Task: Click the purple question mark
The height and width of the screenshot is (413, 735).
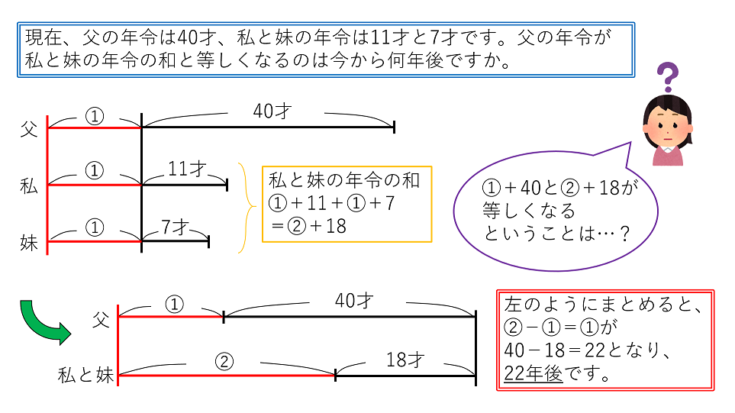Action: [668, 77]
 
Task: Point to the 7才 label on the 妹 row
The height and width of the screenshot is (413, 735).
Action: [176, 226]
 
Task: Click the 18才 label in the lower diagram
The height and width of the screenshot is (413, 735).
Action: [405, 360]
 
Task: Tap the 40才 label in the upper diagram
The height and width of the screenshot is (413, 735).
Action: [272, 111]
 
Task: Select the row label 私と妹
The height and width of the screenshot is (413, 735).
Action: [86, 375]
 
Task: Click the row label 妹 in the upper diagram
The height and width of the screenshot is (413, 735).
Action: [29, 243]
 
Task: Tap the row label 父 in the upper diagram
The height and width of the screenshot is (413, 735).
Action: [29, 128]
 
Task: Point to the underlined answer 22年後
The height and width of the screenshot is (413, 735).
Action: [533, 375]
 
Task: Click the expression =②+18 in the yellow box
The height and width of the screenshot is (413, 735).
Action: [308, 226]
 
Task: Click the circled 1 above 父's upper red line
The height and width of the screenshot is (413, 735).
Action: [94, 115]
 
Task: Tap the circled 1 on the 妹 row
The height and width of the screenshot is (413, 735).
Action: [94, 227]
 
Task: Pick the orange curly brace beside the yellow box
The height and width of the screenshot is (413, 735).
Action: [247, 206]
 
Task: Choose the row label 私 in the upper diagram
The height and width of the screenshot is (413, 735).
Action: [29, 186]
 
